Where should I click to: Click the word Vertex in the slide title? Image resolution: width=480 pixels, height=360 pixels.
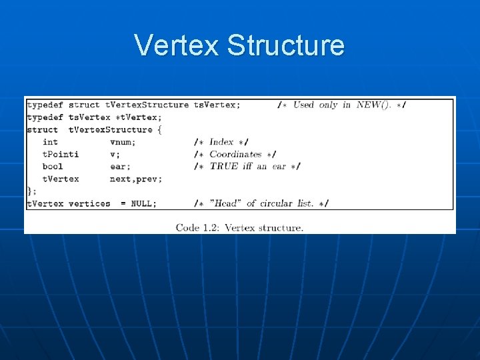point(177,45)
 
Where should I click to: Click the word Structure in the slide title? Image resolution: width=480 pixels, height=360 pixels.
point(285,45)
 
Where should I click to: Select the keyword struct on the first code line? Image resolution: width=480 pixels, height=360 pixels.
point(84,105)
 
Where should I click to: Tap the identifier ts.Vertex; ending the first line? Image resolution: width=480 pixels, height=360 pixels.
point(217,105)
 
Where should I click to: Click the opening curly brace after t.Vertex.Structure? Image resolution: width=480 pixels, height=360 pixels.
point(159,129)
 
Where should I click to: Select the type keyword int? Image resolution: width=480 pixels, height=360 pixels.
point(50,142)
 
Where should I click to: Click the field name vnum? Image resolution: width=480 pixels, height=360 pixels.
point(123,142)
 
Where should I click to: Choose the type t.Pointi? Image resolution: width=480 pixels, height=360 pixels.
point(61,154)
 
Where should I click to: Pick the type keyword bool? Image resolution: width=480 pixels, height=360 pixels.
point(53,167)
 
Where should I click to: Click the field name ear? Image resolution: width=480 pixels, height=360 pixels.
point(120,167)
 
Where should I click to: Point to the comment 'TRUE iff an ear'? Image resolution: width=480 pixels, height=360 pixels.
point(247,167)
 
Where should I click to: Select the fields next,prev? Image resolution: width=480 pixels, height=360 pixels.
point(136,179)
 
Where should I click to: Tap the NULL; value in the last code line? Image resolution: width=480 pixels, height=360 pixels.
point(143,203)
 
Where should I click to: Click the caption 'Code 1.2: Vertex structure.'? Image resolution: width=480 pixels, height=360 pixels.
point(239,227)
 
